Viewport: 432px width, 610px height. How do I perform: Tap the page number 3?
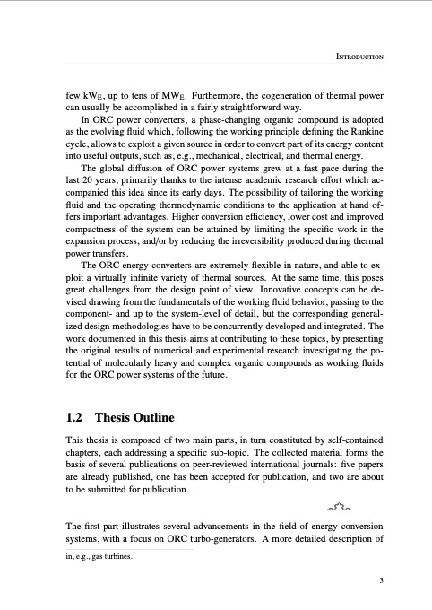[381, 579]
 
